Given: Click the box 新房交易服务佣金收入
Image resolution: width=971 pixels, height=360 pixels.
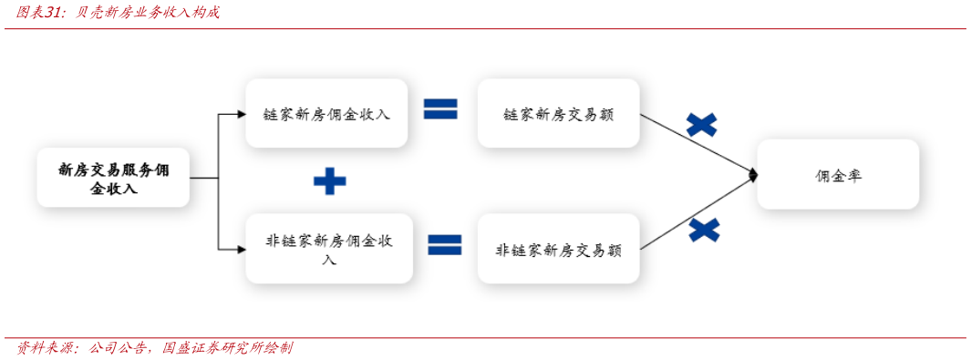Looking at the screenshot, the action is (x=113, y=178).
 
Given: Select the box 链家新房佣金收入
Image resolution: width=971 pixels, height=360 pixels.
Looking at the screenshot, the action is (x=326, y=114).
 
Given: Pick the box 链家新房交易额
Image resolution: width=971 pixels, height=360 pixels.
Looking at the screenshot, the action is (x=558, y=114).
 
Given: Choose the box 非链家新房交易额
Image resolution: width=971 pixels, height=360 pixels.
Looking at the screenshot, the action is (x=558, y=249).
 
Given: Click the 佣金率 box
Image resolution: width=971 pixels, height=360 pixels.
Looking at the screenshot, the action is (x=838, y=176).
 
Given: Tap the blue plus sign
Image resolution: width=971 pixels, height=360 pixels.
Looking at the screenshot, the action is (x=329, y=181).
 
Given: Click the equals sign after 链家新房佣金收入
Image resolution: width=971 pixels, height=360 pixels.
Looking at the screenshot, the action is (x=440, y=110).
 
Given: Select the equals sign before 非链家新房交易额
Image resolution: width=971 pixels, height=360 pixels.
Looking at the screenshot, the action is (x=445, y=244).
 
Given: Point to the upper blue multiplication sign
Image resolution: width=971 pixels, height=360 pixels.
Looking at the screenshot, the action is (x=701, y=125).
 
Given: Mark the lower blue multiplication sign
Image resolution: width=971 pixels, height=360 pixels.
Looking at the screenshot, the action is (x=704, y=230).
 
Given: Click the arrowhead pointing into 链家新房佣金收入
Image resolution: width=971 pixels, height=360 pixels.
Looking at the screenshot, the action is (x=242, y=115).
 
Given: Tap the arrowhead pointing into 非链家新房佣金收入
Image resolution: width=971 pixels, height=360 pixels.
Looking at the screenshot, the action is (x=242, y=249).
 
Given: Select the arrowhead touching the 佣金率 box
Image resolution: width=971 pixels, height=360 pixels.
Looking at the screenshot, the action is (x=753, y=174).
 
